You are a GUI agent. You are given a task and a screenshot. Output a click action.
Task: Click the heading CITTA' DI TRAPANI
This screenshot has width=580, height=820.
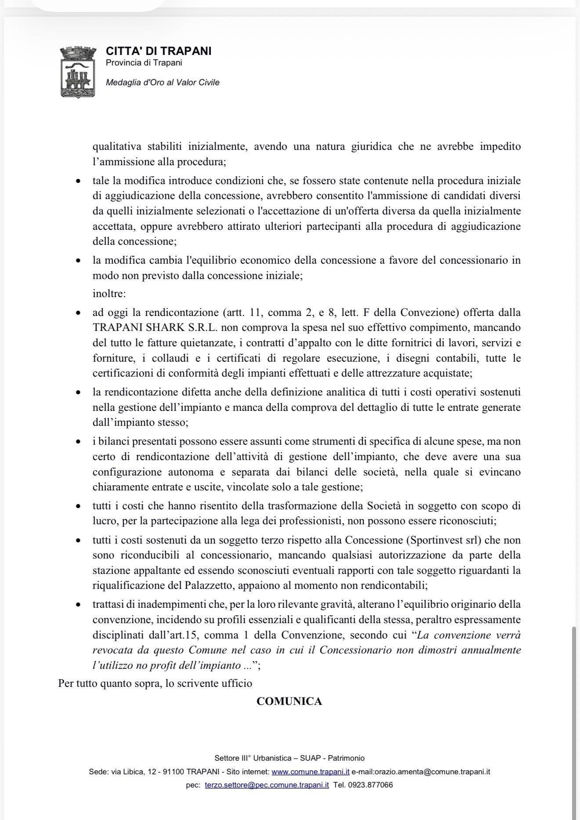[159, 51]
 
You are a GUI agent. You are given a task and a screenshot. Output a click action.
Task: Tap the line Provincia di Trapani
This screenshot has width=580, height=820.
[144, 63]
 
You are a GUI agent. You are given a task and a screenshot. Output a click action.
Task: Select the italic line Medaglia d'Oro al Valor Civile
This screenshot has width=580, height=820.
[163, 83]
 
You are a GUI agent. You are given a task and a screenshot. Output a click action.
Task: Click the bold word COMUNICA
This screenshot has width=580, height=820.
[289, 701]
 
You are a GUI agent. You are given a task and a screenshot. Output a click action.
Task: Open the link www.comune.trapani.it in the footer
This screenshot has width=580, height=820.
[311, 772]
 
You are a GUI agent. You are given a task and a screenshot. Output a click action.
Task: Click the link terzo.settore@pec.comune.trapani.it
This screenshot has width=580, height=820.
[267, 785]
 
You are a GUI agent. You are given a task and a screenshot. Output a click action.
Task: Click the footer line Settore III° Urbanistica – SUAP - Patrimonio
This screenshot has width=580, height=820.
[290, 758]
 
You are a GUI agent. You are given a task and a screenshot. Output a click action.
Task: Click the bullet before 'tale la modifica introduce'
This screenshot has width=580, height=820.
[78, 181]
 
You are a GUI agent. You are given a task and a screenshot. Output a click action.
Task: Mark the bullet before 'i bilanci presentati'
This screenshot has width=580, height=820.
[78, 442]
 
